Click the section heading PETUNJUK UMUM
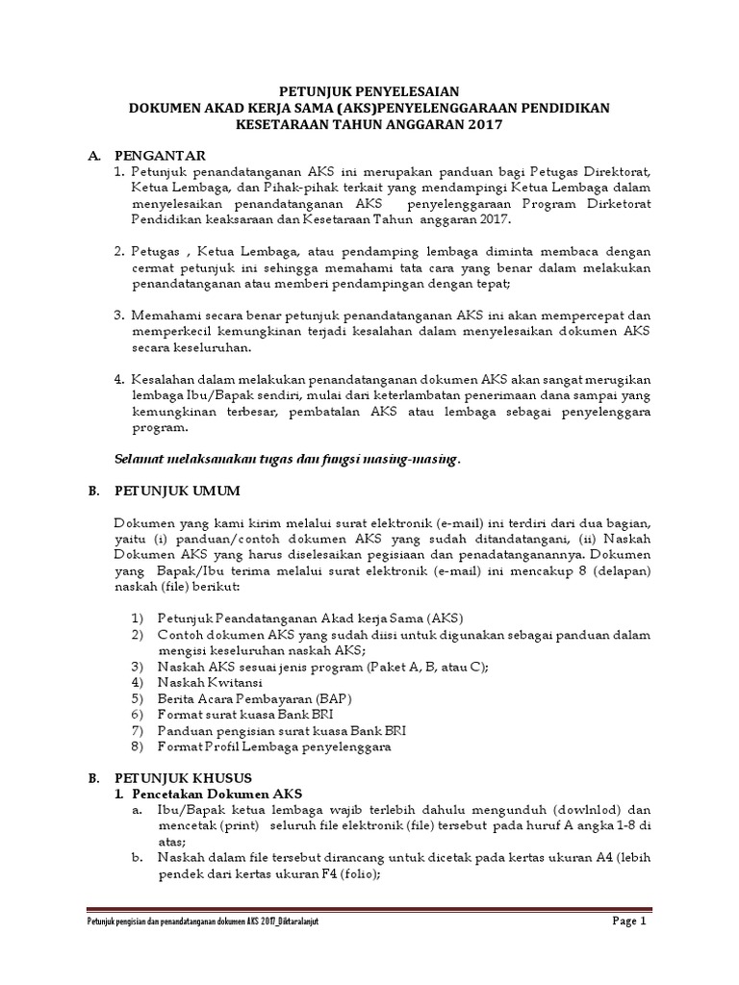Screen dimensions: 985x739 (177, 491)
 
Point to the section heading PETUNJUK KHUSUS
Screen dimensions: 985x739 (182, 777)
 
